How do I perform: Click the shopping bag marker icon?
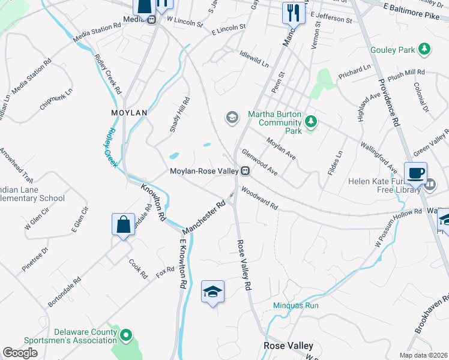pyautogui.click(x=123, y=224)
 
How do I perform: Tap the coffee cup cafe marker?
pyautogui.click(x=416, y=173)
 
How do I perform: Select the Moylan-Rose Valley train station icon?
pyautogui.click(x=245, y=172)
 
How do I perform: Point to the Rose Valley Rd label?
pyautogui.click(x=244, y=266)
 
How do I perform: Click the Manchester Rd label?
pyautogui.click(x=205, y=214)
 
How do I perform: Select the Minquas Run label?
pyautogui.click(x=295, y=305)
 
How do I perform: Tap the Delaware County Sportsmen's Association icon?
pyautogui.click(x=126, y=335)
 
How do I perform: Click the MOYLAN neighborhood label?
pyautogui.click(x=129, y=112)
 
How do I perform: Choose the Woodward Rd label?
pyautogui.click(x=259, y=199)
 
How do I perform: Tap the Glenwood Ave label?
pyautogui.click(x=259, y=163)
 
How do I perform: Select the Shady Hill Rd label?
pyautogui.click(x=179, y=115)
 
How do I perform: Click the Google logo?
pyautogui.click(x=20, y=353)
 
